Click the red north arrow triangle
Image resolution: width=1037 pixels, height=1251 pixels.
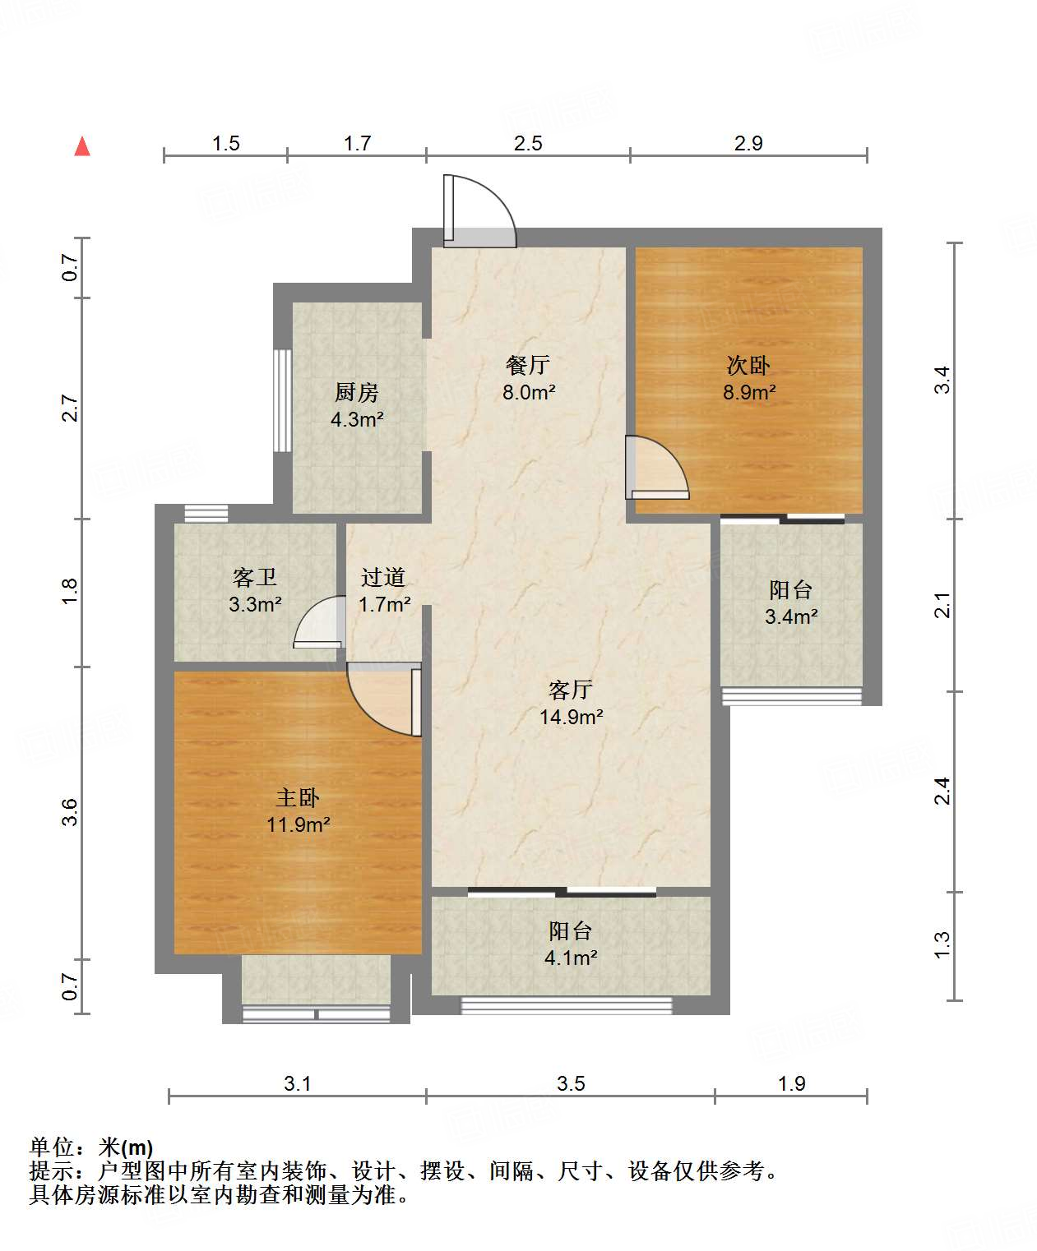82,147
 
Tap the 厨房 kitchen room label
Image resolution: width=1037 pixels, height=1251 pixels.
357,392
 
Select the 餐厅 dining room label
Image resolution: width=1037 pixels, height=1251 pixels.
527,365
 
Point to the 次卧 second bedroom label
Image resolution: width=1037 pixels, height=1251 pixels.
748,365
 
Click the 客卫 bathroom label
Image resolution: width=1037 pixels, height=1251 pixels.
255,577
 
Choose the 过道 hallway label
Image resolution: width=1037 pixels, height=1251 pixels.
383,577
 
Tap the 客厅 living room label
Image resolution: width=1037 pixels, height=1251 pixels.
571,690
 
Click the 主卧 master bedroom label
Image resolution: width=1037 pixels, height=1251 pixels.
298,797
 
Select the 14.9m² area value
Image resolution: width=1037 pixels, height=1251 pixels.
572,717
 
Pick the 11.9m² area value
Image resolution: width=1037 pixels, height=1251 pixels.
299,824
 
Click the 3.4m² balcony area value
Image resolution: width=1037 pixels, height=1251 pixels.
791,616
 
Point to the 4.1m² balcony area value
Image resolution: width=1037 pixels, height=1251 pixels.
571,958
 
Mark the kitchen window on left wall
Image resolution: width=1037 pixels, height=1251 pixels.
282,400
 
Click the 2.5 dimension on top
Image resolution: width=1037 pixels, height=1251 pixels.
528,143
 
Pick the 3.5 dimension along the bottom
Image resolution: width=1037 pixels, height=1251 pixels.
571,1083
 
